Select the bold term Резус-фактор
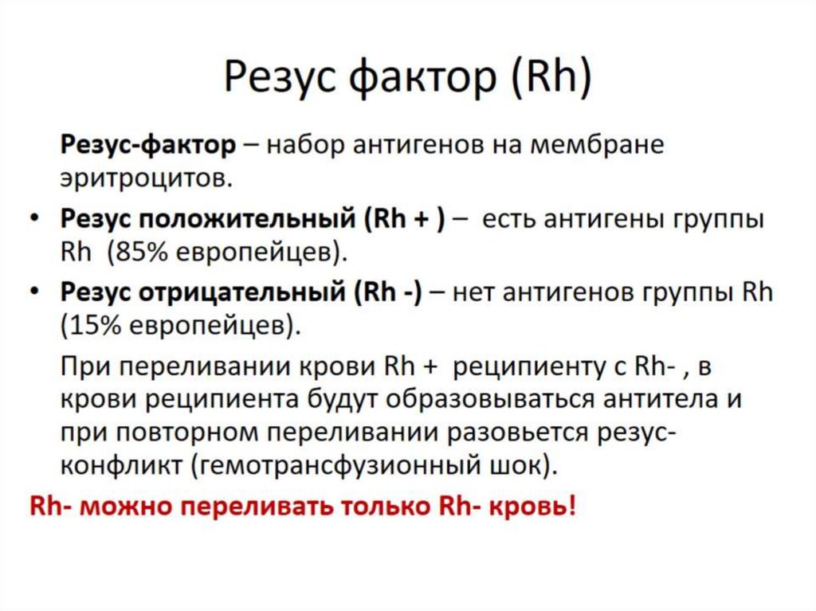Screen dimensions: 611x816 (x=148, y=147)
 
